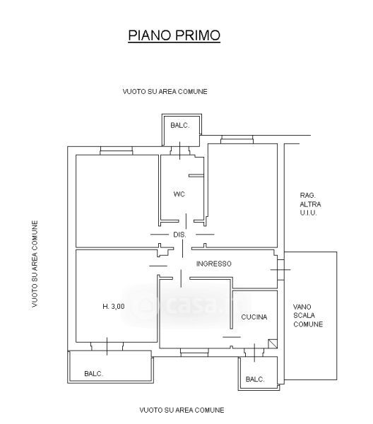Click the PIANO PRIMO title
pyautogui.click(x=174, y=35)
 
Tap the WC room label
pyautogui.click(x=179, y=194)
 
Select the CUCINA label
pyautogui.click(x=254, y=317)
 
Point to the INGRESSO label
pyautogui.click(x=214, y=264)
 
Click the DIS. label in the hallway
pyautogui.click(x=179, y=235)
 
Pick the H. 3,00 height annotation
pyautogui.click(x=114, y=307)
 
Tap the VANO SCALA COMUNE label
pyautogui.click(x=308, y=315)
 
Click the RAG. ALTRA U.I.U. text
pyautogui.click(x=310, y=204)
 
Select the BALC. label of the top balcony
pyautogui.click(x=179, y=126)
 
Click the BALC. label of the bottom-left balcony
pyautogui.click(x=93, y=374)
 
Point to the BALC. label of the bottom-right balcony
pyautogui.click(x=255, y=379)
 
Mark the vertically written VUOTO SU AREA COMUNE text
pyautogui.click(x=35, y=264)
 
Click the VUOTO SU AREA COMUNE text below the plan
pyautogui.click(x=182, y=410)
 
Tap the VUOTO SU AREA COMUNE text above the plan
pyautogui.click(x=165, y=91)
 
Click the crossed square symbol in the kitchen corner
pyautogui.click(x=273, y=343)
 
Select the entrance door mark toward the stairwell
pyautogui.click(x=280, y=270)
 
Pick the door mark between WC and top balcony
pyautogui.click(x=180, y=151)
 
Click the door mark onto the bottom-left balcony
pyautogui.click(x=107, y=346)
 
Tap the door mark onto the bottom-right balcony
pyautogui.click(x=254, y=353)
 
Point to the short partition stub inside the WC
pyautogui.click(x=196, y=176)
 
